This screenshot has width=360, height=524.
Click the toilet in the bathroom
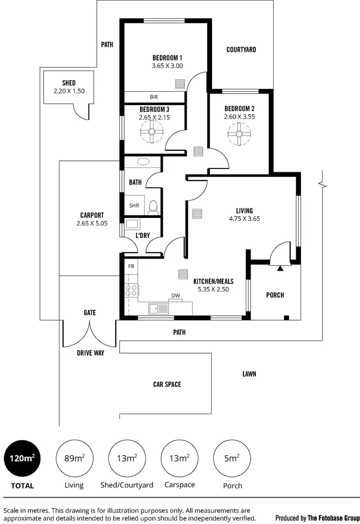153,206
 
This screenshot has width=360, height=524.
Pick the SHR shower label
134,205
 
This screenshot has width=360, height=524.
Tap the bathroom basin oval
144,162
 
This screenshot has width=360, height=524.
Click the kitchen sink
158,308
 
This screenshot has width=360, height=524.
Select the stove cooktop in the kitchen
132,289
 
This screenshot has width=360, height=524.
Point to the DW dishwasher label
176,296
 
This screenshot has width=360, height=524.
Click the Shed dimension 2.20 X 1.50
69,91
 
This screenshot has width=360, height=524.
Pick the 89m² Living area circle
74,458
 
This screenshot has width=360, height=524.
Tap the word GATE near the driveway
90,312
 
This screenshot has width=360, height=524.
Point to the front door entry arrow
280,268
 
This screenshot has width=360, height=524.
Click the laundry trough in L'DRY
132,224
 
